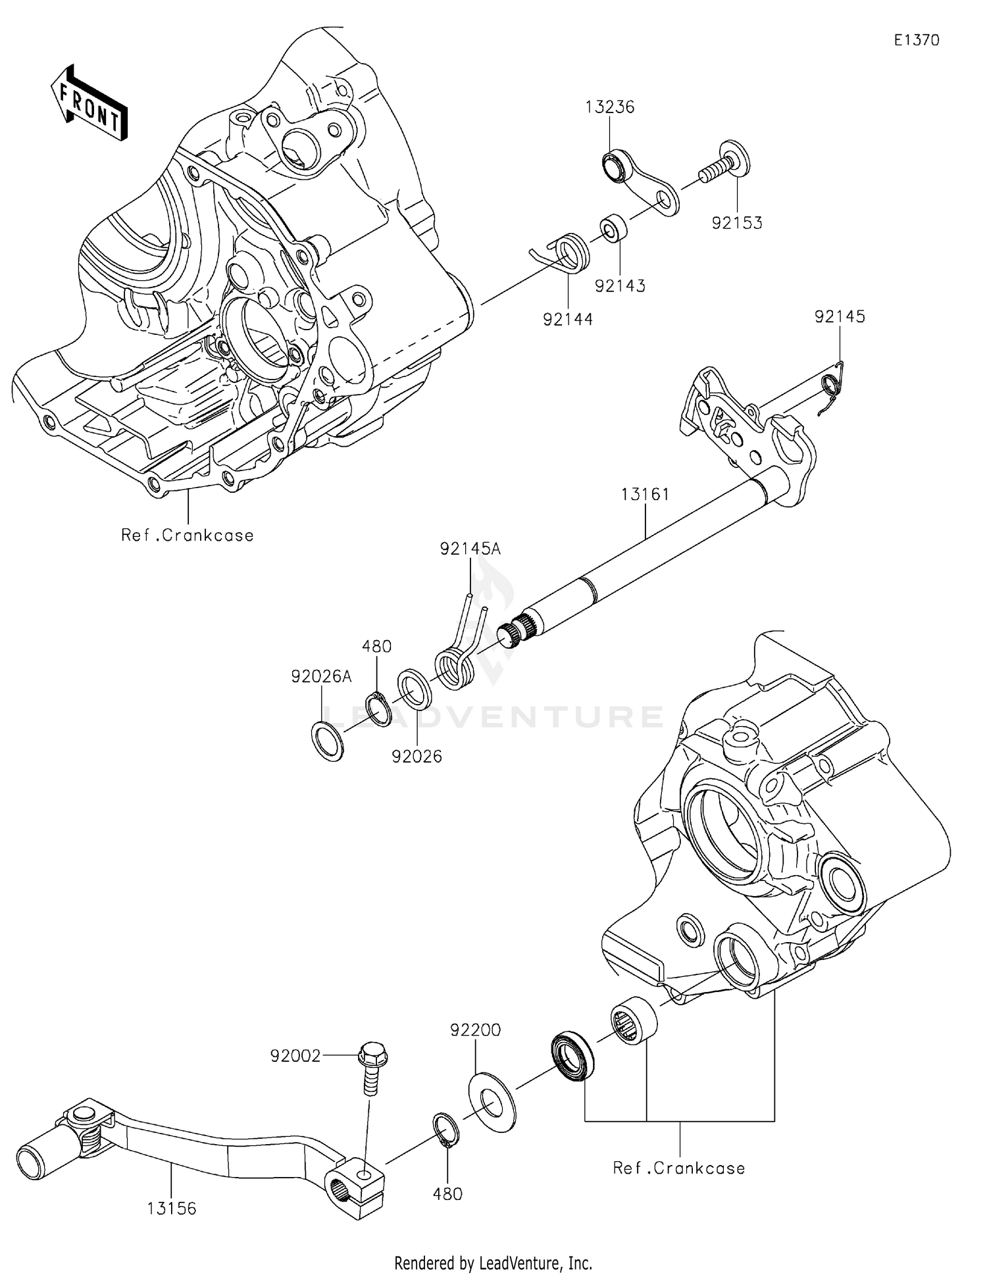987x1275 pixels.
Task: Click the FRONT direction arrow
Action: [x=89, y=103]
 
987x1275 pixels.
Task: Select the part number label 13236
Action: [x=610, y=107]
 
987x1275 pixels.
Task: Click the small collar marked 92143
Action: [x=613, y=227]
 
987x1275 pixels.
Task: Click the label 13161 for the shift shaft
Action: [x=645, y=494]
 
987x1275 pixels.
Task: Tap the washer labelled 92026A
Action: [x=326, y=741]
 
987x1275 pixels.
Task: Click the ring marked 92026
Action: [x=415, y=689]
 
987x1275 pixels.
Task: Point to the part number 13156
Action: [x=171, y=1209]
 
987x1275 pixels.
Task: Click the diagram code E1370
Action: [x=916, y=40]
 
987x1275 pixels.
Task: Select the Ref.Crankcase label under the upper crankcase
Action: [x=188, y=536]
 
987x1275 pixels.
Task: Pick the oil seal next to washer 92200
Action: [x=571, y=1059]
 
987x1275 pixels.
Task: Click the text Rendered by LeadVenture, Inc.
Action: [x=493, y=1263]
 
